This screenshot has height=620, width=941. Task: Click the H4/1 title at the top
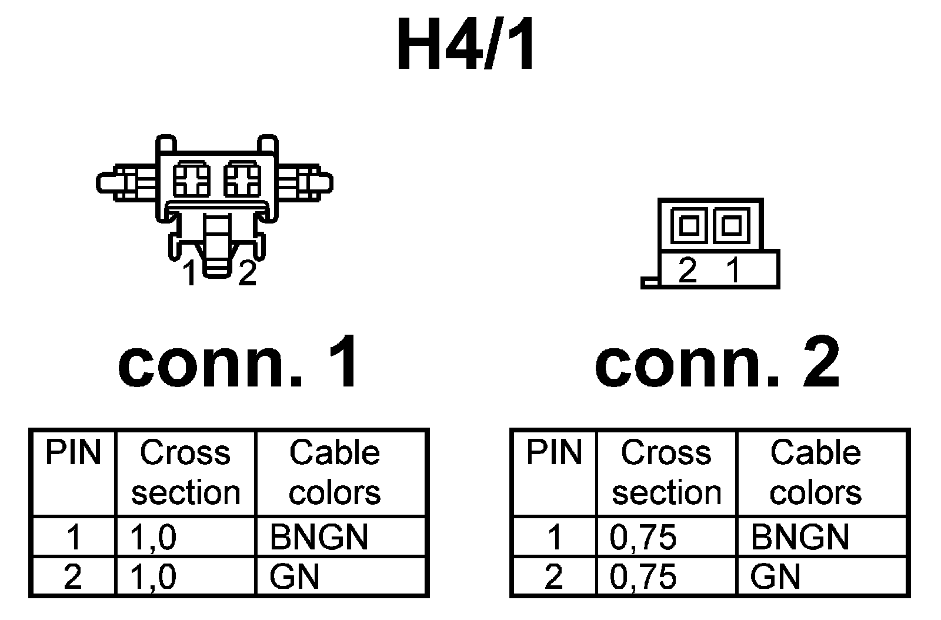(x=466, y=44)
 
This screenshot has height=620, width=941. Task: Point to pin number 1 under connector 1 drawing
(x=189, y=274)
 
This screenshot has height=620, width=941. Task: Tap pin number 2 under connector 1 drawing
(x=248, y=274)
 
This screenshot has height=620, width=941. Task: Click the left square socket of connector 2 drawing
(x=689, y=225)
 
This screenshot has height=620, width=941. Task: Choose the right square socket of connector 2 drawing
(x=731, y=225)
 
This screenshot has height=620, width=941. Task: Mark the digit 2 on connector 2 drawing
(x=688, y=271)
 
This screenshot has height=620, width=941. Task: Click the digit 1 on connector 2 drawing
(x=733, y=271)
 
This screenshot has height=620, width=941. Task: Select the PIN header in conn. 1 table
(x=73, y=453)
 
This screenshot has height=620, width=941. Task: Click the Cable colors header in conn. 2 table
(x=815, y=472)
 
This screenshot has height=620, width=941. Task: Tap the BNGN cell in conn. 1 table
(x=319, y=537)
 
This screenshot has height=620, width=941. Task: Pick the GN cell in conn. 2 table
(x=775, y=576)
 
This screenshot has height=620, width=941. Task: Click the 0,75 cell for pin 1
(x=643, y=537)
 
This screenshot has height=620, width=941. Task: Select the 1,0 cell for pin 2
(x=152, y=576)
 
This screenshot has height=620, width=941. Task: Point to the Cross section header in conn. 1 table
(x=185, y=472)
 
